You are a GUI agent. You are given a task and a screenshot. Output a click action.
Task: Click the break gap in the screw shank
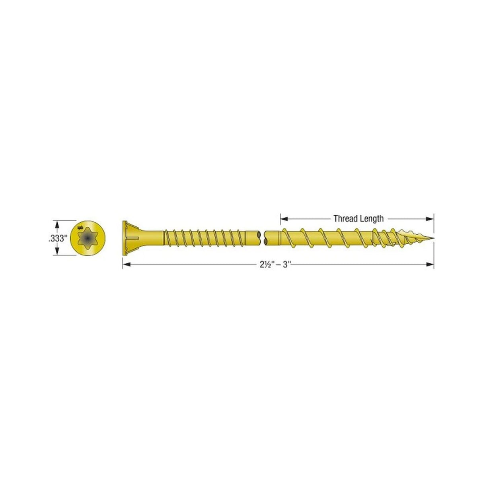pyautogui.click(x=263, y=239)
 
